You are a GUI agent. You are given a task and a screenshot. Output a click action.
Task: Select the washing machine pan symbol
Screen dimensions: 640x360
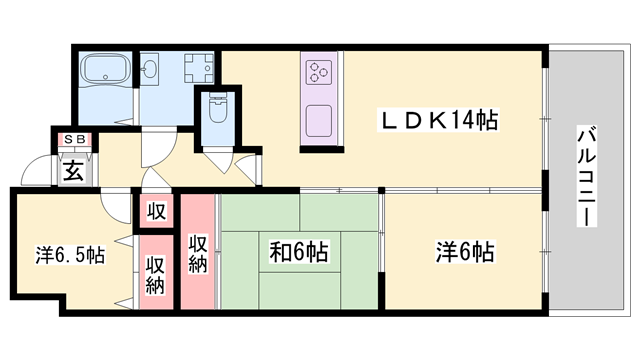(197, 69)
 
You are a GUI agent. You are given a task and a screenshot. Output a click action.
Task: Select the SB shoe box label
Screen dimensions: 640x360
(75, 140)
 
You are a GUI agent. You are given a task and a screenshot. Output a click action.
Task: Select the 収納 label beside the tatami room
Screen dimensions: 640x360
(197, 251)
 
